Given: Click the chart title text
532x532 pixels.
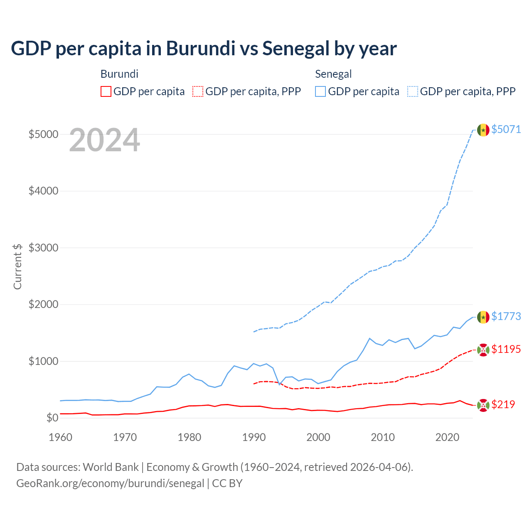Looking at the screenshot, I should [204, 49].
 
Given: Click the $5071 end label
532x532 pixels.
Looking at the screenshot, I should [506, 129].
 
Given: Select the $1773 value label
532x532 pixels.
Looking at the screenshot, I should [506, 316].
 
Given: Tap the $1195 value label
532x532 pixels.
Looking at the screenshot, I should [506, 349].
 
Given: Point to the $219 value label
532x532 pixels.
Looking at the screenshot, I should [503, 404].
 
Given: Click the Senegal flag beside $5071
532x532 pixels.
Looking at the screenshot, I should [483, 130].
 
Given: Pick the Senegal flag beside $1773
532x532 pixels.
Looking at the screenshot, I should [483, 317].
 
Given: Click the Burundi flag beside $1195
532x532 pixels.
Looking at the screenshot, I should [483, 350].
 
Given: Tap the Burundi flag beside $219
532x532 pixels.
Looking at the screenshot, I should [483, 405].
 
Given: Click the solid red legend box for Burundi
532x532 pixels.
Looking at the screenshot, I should [106, 91].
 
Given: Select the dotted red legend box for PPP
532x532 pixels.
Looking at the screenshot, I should [198, 91].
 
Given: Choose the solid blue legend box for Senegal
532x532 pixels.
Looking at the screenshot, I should [320, 91].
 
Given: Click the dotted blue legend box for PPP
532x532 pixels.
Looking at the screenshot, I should [413, 91].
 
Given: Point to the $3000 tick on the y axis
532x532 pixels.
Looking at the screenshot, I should [43, 248].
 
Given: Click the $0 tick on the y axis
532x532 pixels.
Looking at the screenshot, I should [52, 418].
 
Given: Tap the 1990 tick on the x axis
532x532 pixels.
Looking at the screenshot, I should [254, 437].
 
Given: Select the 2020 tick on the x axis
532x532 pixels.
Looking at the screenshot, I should [447, 437].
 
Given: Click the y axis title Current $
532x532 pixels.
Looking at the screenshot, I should [17, 266].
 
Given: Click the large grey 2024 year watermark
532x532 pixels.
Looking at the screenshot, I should [104, 140].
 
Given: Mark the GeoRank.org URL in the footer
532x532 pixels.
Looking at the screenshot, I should [110, 483].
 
